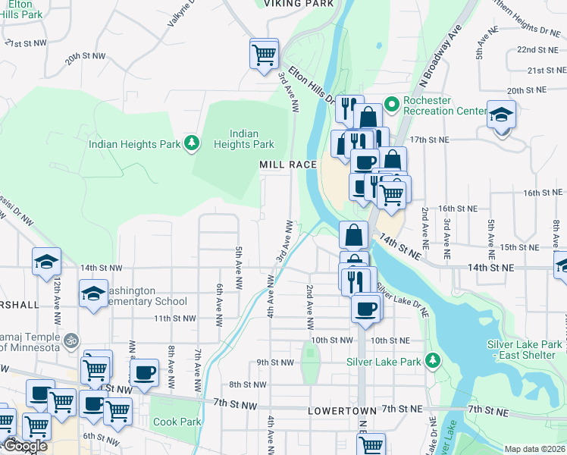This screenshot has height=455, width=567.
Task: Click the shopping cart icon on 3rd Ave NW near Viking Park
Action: click(x=264, y=54)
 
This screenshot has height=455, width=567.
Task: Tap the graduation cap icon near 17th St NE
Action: click(x=501, y=116)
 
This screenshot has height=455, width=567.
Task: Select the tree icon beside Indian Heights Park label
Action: click(x=193, y=143)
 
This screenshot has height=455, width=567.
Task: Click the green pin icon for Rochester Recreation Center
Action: click(x=392, y=103)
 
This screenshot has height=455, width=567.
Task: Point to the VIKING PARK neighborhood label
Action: click(x=299, y=4)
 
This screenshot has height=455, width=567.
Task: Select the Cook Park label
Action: click(x=177, y=422)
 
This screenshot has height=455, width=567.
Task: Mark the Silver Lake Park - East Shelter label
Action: click(x=525, y=350)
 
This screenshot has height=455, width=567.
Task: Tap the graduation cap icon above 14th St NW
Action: click(x=46, y=262)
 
